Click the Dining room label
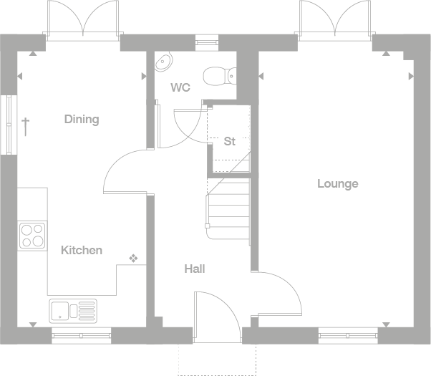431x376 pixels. (x=81, y=119)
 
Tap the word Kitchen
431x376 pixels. (x=81, y=250)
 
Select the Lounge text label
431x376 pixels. (x=338, y=183)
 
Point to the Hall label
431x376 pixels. (x=195, y=269)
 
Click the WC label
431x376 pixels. (x=180, y=87)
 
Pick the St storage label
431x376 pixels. (x=229, y=141)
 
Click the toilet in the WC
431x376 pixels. (x=218, y=74)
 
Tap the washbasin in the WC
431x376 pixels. (x=164, y=62)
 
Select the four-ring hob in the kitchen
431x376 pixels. (x=32, y=236)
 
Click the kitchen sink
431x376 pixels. (x=72, y=311)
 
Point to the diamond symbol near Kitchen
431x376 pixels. (x=133, y=258)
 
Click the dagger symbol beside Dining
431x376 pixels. (x=25, y=127)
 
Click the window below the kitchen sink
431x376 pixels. (x=81, y=334)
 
